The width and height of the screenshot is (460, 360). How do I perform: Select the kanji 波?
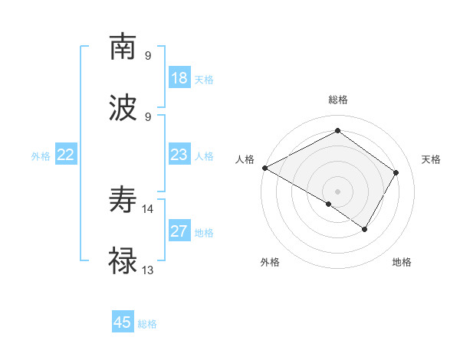[x=123, y=107]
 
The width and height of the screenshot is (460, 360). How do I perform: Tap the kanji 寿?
[x=123, y=201]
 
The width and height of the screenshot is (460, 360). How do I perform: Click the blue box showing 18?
[x=179, y=78]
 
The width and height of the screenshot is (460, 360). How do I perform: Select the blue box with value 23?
[x=179, y=155]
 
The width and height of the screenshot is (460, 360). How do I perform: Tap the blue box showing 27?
[x=179, y=231]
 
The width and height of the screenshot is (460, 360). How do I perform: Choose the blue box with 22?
[x=66, y=155]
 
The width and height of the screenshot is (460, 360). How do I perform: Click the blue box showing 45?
[x=123, y=322]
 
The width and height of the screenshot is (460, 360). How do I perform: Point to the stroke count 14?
[x=148, y=208]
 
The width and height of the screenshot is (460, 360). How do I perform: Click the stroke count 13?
[x=148, y=270]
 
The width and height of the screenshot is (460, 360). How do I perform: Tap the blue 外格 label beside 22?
[x=41, y=156]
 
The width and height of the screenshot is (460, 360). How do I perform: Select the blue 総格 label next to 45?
[x=147, y=324]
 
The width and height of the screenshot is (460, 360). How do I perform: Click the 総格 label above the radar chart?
[x=337, y=100]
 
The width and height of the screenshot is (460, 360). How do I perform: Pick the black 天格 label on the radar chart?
[x=432, y=159]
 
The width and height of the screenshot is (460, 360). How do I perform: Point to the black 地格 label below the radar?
[x=402, y=262]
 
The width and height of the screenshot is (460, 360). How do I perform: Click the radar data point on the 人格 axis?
[x=264, y=168]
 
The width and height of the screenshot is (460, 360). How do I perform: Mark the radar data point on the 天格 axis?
[x=396, y=172]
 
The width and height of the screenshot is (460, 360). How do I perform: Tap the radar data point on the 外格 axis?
[x=329, y=204]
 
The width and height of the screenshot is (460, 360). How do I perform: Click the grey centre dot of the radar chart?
[x=337, y=191]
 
